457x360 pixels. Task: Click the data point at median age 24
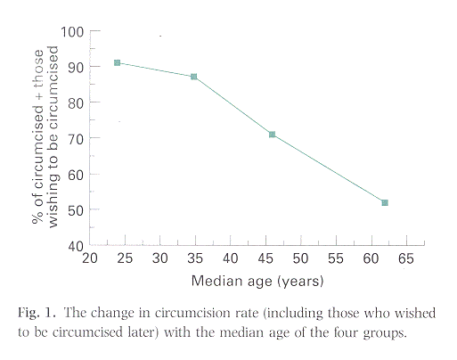pos(117,62)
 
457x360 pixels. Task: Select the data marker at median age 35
pos(193,77)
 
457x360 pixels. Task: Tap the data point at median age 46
pos(272,135)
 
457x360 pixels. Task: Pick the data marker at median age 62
pos(384,202)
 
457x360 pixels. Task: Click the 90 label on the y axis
pos(76,67)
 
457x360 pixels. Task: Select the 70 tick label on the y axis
pos(76,138)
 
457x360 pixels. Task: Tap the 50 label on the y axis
pos(76,209)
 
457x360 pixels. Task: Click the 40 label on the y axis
pos(76,245)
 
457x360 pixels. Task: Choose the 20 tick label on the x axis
pos(90,258)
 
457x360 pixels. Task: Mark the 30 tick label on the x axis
pos(160,258)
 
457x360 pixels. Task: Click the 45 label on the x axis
pos(265,258)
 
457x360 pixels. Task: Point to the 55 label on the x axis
pos(336,258)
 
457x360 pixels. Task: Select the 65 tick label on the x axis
pos(406,258)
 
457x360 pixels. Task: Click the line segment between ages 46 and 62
pos(328,168)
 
